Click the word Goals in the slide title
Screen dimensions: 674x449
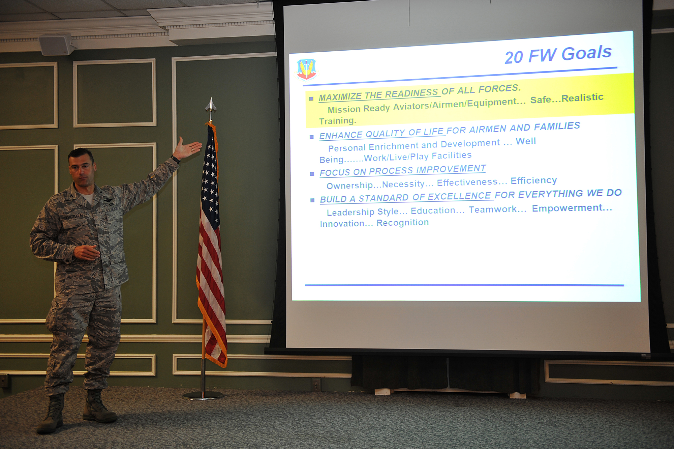[587, 53]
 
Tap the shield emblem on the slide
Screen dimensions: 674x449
[306, 69]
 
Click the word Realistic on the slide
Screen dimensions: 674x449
[582, 98]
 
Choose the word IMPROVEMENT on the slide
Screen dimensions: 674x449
[451, 169]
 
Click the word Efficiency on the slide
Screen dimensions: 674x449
[534, 181]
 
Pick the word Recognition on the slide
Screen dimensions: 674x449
[403, 223]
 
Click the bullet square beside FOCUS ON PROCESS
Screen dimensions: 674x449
[312, 174]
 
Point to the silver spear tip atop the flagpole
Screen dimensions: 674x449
[211, 105]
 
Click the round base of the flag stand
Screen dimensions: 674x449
[202, 396]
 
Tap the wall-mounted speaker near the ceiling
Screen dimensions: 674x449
[57, 44]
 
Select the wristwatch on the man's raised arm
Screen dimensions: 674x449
[176, 159]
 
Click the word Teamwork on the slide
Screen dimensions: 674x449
[497, 209]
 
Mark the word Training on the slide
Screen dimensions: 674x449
[337, 121]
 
